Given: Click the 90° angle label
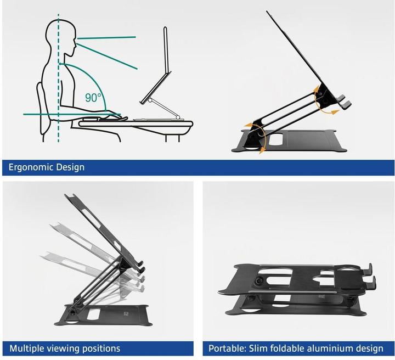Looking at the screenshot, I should tap(94, 98).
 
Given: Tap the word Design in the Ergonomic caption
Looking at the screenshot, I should tap(70, 167).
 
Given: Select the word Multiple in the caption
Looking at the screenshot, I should tap(26, 348).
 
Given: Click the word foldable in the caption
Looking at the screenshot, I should tap(288, 348).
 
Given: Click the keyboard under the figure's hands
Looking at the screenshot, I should tap(104, 119).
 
